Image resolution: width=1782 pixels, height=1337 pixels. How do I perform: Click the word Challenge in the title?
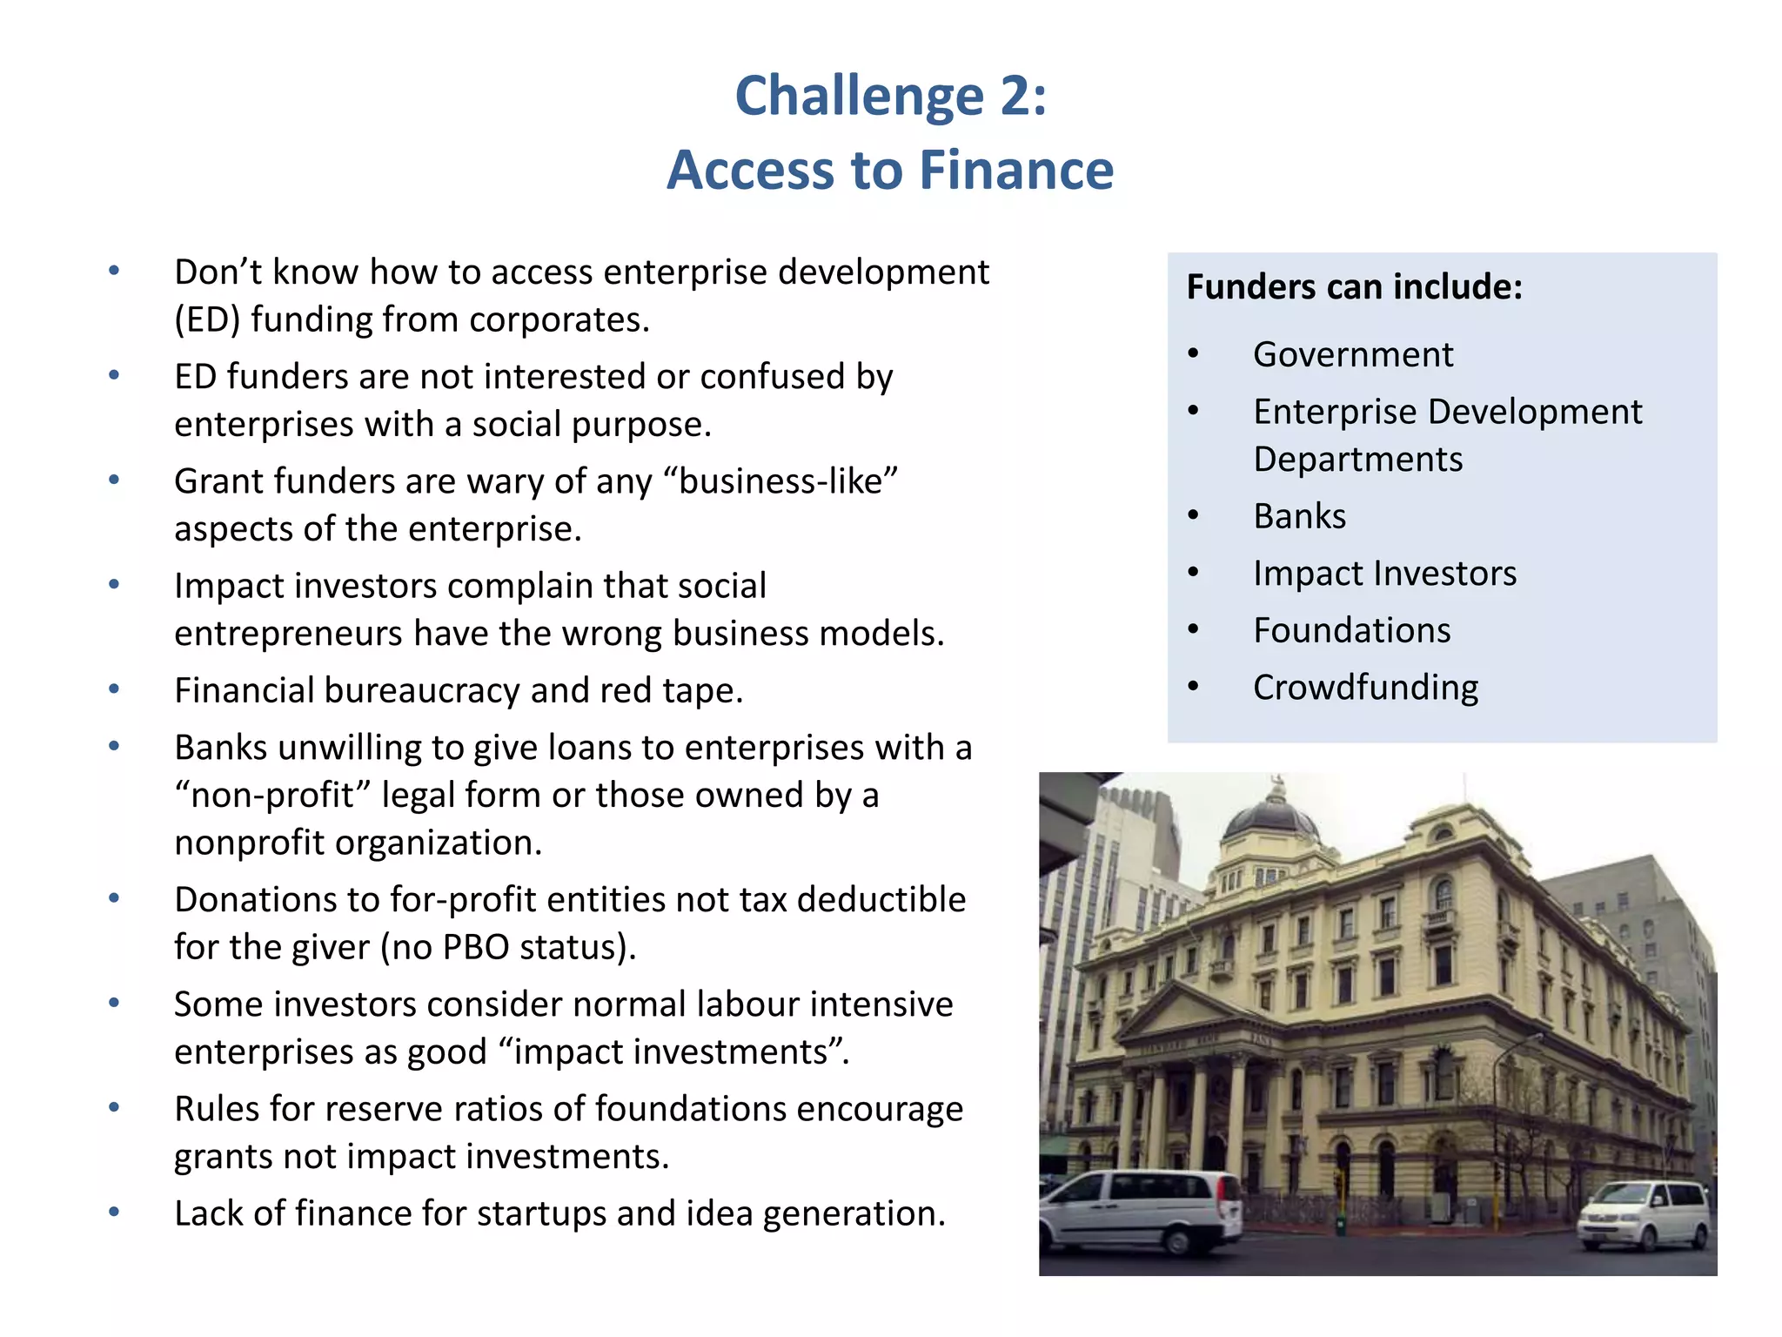[x=859, y=96]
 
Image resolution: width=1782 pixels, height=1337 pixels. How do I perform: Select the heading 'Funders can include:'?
[x=1354, y=287]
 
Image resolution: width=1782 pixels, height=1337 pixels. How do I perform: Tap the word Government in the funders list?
[x=1353, y=355]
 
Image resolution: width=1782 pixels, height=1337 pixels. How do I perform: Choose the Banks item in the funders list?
[x=1299, y=517]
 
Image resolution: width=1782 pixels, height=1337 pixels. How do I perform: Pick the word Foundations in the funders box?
[x=1351, y=631]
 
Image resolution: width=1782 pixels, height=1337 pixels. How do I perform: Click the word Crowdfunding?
[x=1365, y=689]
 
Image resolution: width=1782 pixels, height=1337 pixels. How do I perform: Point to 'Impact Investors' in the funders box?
[x=1384, y=574]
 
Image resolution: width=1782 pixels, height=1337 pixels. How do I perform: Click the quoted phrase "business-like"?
[x=787, y=481]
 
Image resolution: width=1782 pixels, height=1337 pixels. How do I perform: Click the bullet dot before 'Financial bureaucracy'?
[x=114, y=690]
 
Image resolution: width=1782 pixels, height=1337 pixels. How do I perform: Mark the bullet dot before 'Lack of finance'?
[x=114, y=1213]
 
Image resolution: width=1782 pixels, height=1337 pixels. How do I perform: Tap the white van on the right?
[x=1644, y=1214]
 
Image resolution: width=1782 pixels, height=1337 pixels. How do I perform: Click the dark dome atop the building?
[x=1270, y=822]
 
